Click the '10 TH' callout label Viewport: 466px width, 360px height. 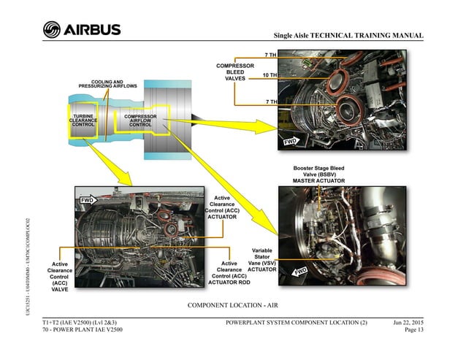point(269,75)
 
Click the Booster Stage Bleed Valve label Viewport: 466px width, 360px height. point(318,174)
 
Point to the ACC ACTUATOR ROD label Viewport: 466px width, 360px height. point(229,273)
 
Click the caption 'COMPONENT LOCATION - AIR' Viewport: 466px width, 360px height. point(232,304)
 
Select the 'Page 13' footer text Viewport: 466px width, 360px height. point(410,330)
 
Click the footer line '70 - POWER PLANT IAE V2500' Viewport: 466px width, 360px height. point(83,330)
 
